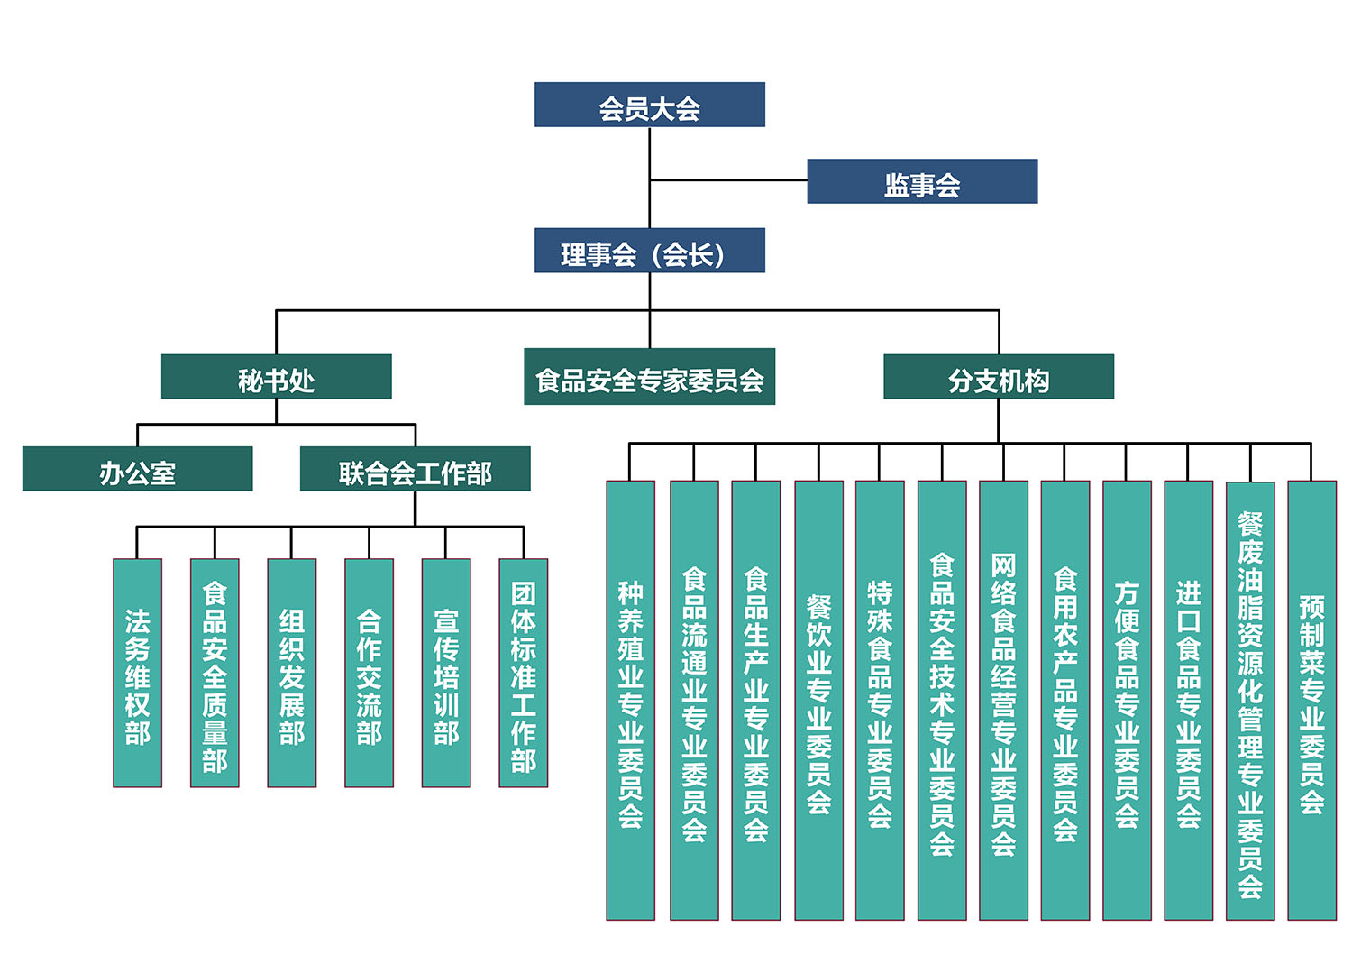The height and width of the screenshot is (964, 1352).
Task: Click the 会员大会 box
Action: point(649,105)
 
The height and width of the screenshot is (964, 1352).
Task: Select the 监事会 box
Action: point(921,181)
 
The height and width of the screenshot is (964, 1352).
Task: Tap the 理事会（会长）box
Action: point(649,251)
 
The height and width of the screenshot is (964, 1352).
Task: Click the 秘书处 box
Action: point(276,377)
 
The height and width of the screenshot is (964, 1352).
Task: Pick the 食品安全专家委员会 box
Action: point(649,377)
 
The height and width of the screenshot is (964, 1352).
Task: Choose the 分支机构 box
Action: point(998,377)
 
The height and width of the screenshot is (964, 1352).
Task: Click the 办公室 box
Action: point(137,469)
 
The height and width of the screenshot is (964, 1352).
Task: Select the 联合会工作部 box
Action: point(415,469)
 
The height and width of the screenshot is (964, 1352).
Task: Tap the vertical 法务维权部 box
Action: point(137,673)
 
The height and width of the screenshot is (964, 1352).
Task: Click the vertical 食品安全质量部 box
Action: point(215,673)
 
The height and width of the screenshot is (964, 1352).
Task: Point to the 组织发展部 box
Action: point(291,673)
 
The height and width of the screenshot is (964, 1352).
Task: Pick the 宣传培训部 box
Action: point(446,673)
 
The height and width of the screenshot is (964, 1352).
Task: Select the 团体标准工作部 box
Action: point(523,673)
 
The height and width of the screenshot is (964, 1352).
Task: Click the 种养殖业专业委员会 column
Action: point(630,700)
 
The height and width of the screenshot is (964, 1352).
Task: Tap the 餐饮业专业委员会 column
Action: point(818,700)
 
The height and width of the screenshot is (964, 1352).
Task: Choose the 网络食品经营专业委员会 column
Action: point(1003,700)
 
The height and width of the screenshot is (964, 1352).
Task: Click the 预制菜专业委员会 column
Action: point(1311,700)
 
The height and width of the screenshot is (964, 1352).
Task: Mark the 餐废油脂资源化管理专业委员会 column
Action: point(1249,700)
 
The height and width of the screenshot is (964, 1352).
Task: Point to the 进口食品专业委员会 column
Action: point(1188,700)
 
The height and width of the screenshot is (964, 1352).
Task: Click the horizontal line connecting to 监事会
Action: point(728,180)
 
